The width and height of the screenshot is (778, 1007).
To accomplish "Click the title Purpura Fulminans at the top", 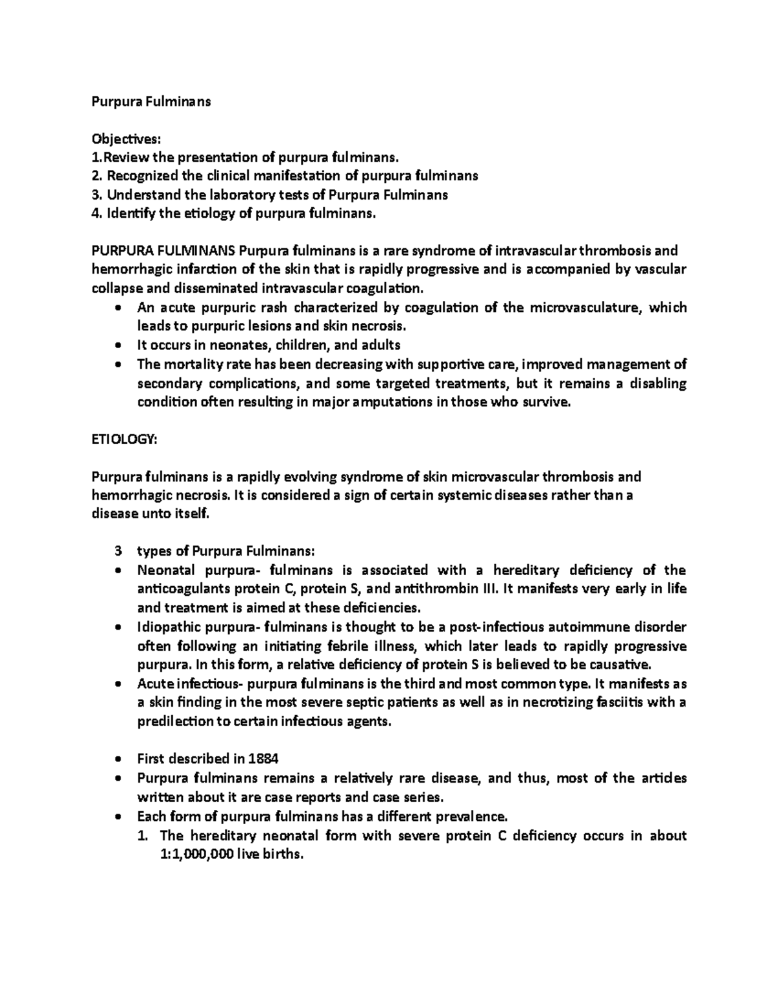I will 150,102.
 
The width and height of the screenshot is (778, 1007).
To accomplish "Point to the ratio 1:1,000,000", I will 193,854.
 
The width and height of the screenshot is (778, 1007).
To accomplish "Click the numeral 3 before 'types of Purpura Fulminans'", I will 117,552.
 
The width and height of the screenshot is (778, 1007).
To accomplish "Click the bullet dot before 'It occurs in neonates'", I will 117,346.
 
